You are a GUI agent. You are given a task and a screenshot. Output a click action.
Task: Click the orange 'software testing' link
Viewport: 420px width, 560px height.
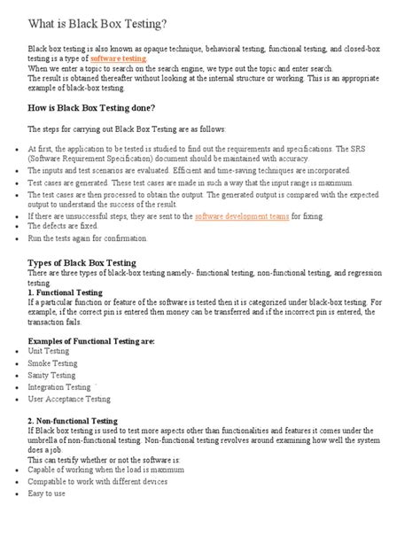pyautogui.click(x=114, y=58)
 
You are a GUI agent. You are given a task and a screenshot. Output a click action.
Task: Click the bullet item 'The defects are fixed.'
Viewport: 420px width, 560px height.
pyautogui.click(x=62, y=227)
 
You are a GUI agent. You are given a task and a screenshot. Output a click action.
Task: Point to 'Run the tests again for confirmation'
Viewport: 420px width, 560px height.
pyautogui.click(x=87, y=239)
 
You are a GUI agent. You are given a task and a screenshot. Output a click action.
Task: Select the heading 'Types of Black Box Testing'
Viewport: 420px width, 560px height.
pyautogui.click(x=82, y=263)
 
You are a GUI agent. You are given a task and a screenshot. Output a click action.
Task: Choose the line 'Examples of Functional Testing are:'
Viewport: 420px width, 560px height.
pyautogui.click(x=90, y=340)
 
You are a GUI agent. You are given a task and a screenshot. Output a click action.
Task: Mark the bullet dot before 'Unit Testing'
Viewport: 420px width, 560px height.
pyautogui.click(x=18, y=352)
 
